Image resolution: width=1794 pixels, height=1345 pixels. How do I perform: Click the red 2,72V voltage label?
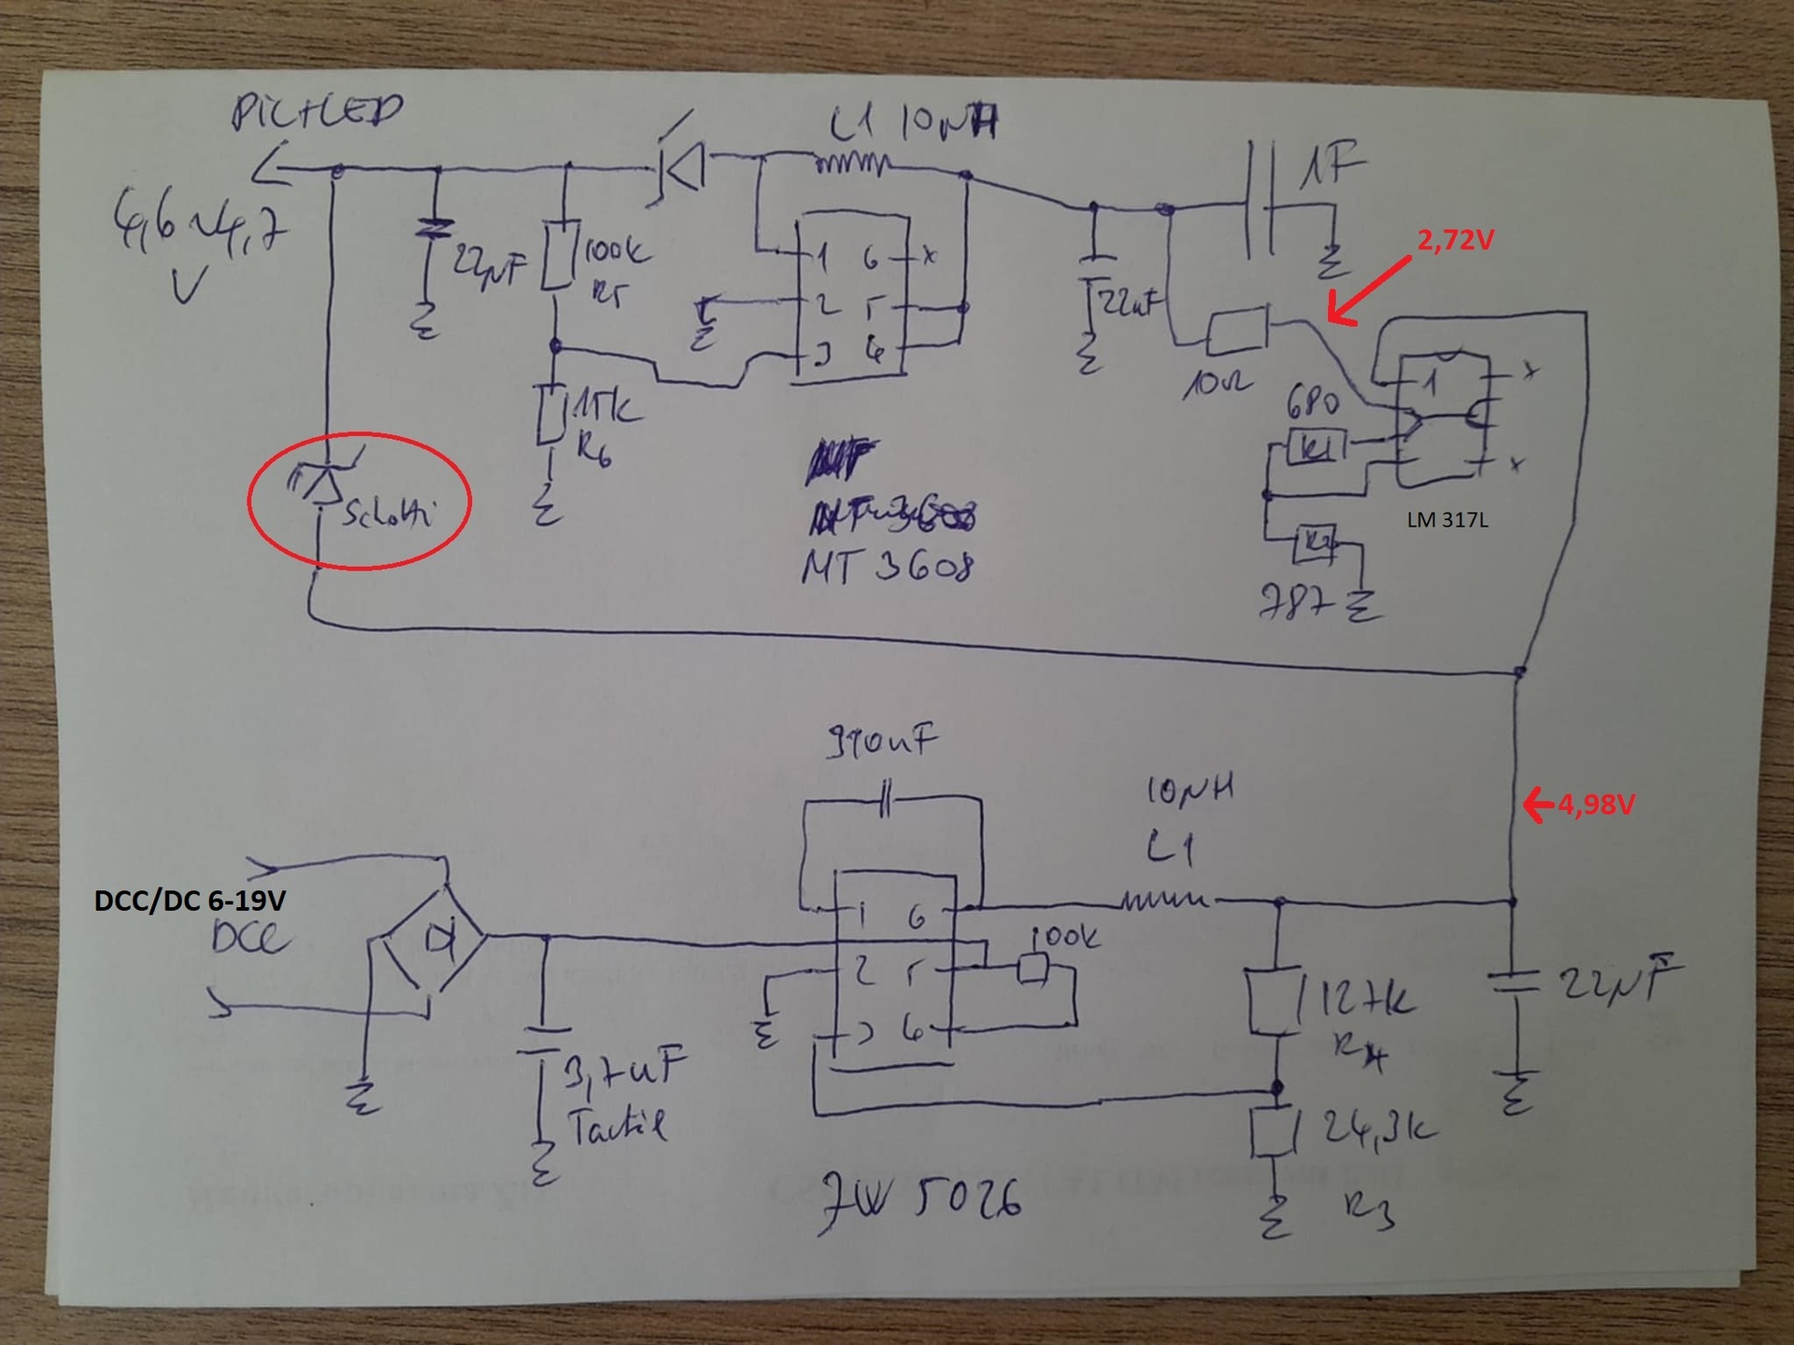[x=1455, y=241]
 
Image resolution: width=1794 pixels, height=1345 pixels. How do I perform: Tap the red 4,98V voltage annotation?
[x=1595, y=804]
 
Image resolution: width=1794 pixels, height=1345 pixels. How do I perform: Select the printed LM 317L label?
[x=1447, y=520]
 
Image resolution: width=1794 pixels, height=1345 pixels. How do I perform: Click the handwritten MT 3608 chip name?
[x=888, y=566]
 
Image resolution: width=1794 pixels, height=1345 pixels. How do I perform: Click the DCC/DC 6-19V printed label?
[x=190, y=900]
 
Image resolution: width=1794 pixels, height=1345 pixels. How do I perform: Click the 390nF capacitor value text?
[x=880, y=743]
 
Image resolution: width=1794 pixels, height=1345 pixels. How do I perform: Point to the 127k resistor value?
[x=1365, y=1001]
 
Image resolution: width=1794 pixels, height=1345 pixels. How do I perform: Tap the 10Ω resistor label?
[x=1214, y=383]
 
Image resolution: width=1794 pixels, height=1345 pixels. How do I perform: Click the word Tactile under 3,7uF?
[x=618, y=1126]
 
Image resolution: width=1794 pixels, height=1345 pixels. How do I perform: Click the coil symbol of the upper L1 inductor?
[x=850, y=164]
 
